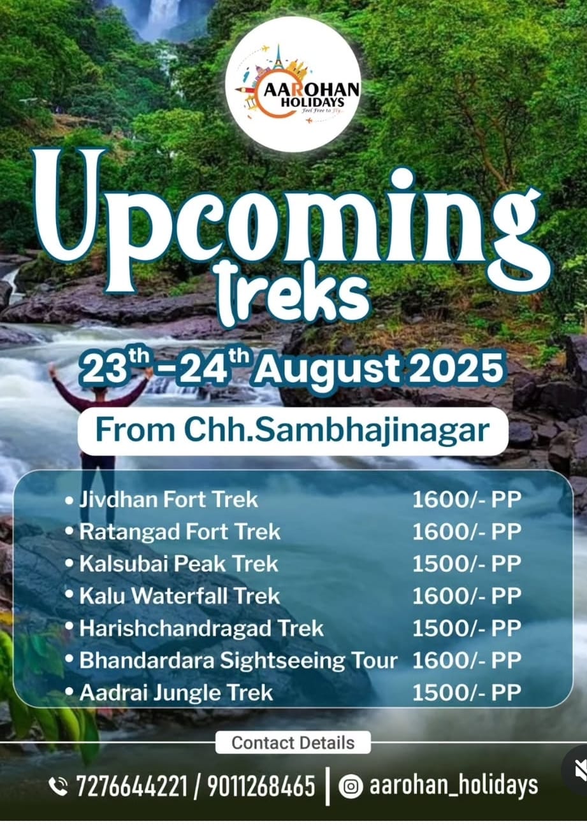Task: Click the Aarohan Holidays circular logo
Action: [x=293, y=84]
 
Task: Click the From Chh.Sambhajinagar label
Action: [x=293, y=430]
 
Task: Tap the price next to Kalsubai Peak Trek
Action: [x=467, y=564]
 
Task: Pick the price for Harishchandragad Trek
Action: [x=467, y=629]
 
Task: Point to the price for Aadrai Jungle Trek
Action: [x=467, y=693]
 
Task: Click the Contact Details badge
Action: [x=293, y=743]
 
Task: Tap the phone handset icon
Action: [x=58, y=787]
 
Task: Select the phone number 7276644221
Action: [x=132, y=786]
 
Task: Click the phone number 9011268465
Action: [x=261, y=786]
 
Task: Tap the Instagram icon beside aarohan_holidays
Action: [x=351, y=787]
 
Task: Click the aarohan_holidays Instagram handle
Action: [x=454, y=786]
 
